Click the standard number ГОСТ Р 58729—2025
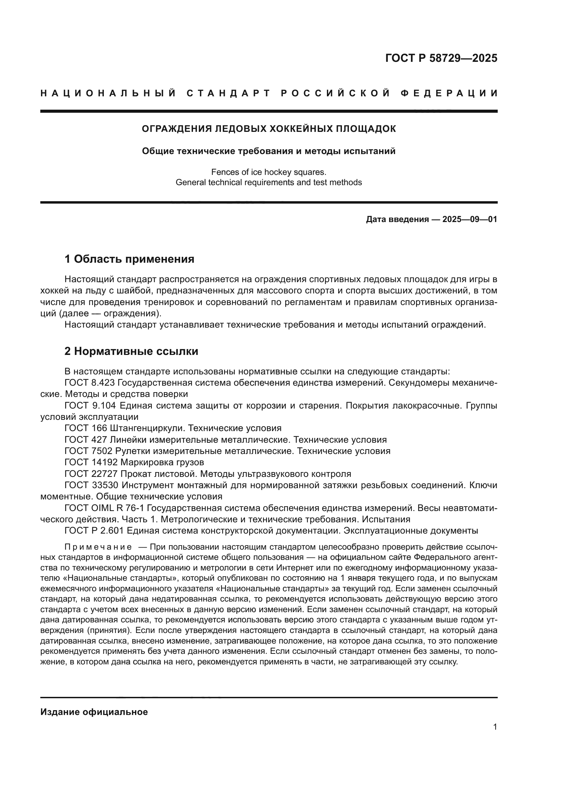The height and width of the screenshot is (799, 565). tap(441, 58)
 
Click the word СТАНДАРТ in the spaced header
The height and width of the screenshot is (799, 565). tap(229, 93)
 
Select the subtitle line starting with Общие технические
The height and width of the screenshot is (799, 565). tap(268, 151)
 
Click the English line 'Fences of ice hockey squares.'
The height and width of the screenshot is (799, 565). tap(268, 172)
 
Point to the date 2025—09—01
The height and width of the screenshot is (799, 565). tap(470, 219)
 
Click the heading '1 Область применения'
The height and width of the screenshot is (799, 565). tap(129, 259)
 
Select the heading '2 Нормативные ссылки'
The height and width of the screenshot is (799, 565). tap(131, 351)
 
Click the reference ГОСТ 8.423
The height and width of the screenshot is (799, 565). tap(89, 383)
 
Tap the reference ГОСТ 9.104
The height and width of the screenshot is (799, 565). tap(89, 405)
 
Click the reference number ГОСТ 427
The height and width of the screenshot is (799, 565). tap(86, 440)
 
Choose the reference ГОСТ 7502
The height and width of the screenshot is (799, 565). tap(88, 451)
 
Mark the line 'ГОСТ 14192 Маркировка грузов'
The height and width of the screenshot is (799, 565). tap(134, 462)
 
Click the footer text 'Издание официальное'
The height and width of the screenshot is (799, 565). tap(94, 712)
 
